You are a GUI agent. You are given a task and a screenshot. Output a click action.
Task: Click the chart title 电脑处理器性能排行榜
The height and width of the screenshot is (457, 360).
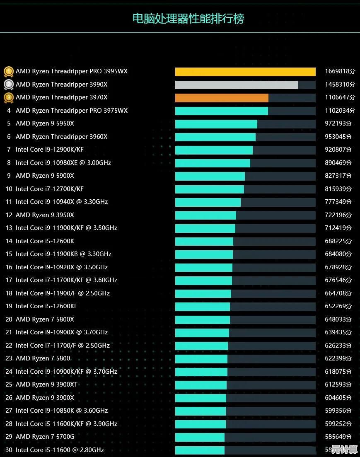(x=188, y=19)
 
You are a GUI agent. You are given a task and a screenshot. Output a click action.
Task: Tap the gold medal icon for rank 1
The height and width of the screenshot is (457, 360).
(x=8, y=71)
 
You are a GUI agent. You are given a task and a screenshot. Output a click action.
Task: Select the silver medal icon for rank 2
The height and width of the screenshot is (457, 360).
(x=8, y=85)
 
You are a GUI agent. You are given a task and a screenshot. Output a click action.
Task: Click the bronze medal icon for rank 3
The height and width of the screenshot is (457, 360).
(x=8, y=98)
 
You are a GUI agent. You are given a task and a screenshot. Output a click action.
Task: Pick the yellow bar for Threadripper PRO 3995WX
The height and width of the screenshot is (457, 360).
(x=245, y=72)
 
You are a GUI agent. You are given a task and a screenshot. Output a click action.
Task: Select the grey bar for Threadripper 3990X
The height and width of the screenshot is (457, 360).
(x=236, y=85)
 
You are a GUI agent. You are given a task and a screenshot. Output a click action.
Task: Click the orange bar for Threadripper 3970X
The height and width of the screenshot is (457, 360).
(x=222, y=98)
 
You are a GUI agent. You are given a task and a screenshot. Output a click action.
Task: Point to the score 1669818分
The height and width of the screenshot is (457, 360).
(x=340, y=71)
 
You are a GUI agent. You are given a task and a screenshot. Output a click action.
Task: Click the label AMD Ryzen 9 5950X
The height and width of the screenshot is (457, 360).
(x=45, y=123)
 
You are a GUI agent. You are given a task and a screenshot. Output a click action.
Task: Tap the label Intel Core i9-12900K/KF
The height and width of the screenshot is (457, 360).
(x=50, y=150)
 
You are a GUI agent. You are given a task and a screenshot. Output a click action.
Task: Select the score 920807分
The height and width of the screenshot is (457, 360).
(x=338, y=150)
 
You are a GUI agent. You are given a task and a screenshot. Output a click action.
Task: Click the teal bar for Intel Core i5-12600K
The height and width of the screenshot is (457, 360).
(x=204, y=241)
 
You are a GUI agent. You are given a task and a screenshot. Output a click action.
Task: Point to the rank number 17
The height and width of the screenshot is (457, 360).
(x=9, y=280)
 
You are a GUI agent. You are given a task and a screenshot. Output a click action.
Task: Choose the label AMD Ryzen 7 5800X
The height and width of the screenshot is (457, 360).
(x=45, y=319)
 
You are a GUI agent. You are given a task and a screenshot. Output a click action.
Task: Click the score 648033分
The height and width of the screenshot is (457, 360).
(x=338, y=319)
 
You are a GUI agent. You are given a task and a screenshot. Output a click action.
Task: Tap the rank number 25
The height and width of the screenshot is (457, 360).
(x=9, y=384)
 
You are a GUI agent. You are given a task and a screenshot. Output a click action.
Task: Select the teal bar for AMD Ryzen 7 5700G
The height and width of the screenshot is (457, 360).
(x=200, y=437)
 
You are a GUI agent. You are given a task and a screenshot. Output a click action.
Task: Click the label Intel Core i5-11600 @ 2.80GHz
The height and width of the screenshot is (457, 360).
(x=60, y=450)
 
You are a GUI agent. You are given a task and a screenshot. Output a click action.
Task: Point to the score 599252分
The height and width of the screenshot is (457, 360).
(x=338, y=424)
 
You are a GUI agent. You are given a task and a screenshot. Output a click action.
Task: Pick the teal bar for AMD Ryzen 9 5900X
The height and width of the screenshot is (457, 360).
(x=210, y=176)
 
